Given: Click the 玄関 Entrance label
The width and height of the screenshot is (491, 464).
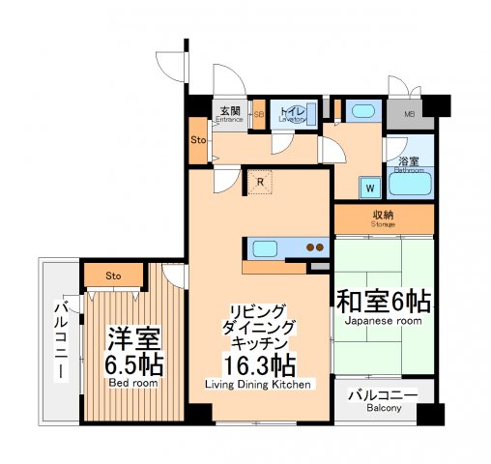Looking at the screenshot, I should (230, 113).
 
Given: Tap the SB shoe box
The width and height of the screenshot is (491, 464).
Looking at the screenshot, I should (258, 114).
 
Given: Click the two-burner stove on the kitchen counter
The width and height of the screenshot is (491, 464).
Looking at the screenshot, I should (315, 247).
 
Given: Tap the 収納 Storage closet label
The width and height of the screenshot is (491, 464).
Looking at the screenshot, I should (384, 218).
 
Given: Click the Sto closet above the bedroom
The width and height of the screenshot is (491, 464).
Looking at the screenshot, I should (113, 275).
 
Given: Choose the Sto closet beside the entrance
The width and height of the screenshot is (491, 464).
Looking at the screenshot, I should (197, 140).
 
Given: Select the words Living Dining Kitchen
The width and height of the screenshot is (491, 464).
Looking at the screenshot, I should (257, 385).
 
